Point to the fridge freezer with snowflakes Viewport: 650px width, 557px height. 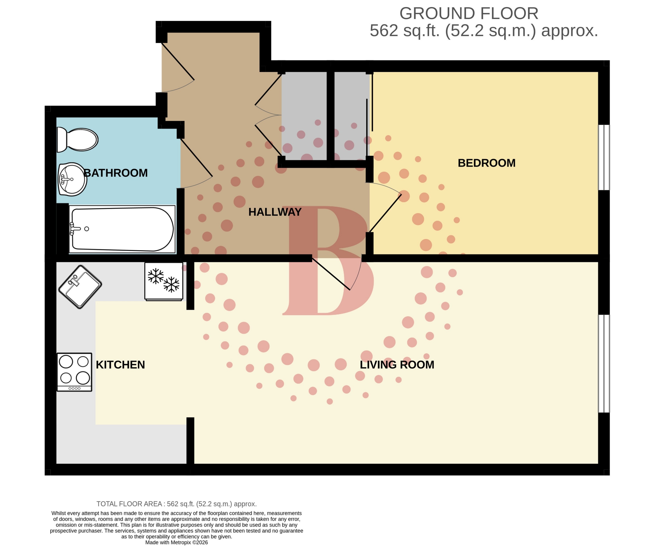[163, 281]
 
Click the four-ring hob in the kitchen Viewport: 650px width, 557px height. [74, 372]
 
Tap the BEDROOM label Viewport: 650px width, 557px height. [486, 163]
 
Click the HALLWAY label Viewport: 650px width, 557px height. [275, 212]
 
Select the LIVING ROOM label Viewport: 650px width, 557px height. [397, 365]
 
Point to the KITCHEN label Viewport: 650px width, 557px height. [120, 365]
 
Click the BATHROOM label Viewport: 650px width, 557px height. [116, 173]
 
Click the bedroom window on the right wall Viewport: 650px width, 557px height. [604, 158]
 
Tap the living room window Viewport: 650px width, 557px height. [604, 363]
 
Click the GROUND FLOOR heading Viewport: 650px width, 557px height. [469, 14]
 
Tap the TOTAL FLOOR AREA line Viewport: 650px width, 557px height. [176, 504]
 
